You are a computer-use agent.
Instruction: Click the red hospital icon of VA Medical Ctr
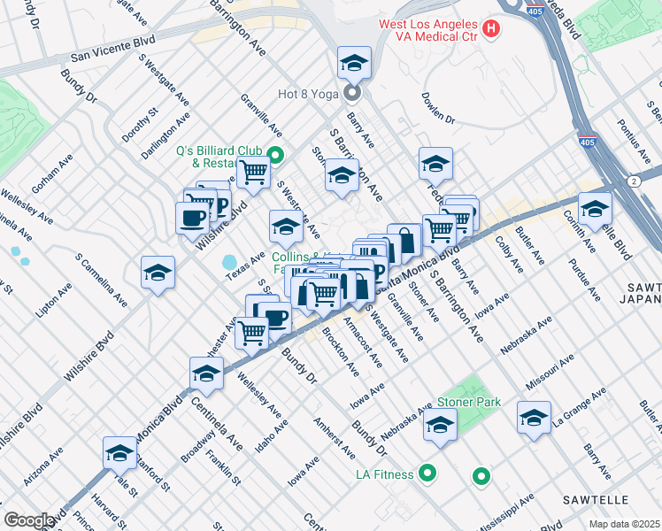491,29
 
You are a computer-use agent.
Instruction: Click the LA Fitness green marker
427,473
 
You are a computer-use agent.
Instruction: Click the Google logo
29,519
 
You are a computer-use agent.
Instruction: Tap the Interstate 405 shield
592,141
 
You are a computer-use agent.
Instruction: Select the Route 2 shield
635,181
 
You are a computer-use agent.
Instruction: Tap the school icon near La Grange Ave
534,418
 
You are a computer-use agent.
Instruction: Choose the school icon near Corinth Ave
595,209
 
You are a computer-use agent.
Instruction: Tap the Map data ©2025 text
624,524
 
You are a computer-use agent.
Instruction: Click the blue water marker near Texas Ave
230,263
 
